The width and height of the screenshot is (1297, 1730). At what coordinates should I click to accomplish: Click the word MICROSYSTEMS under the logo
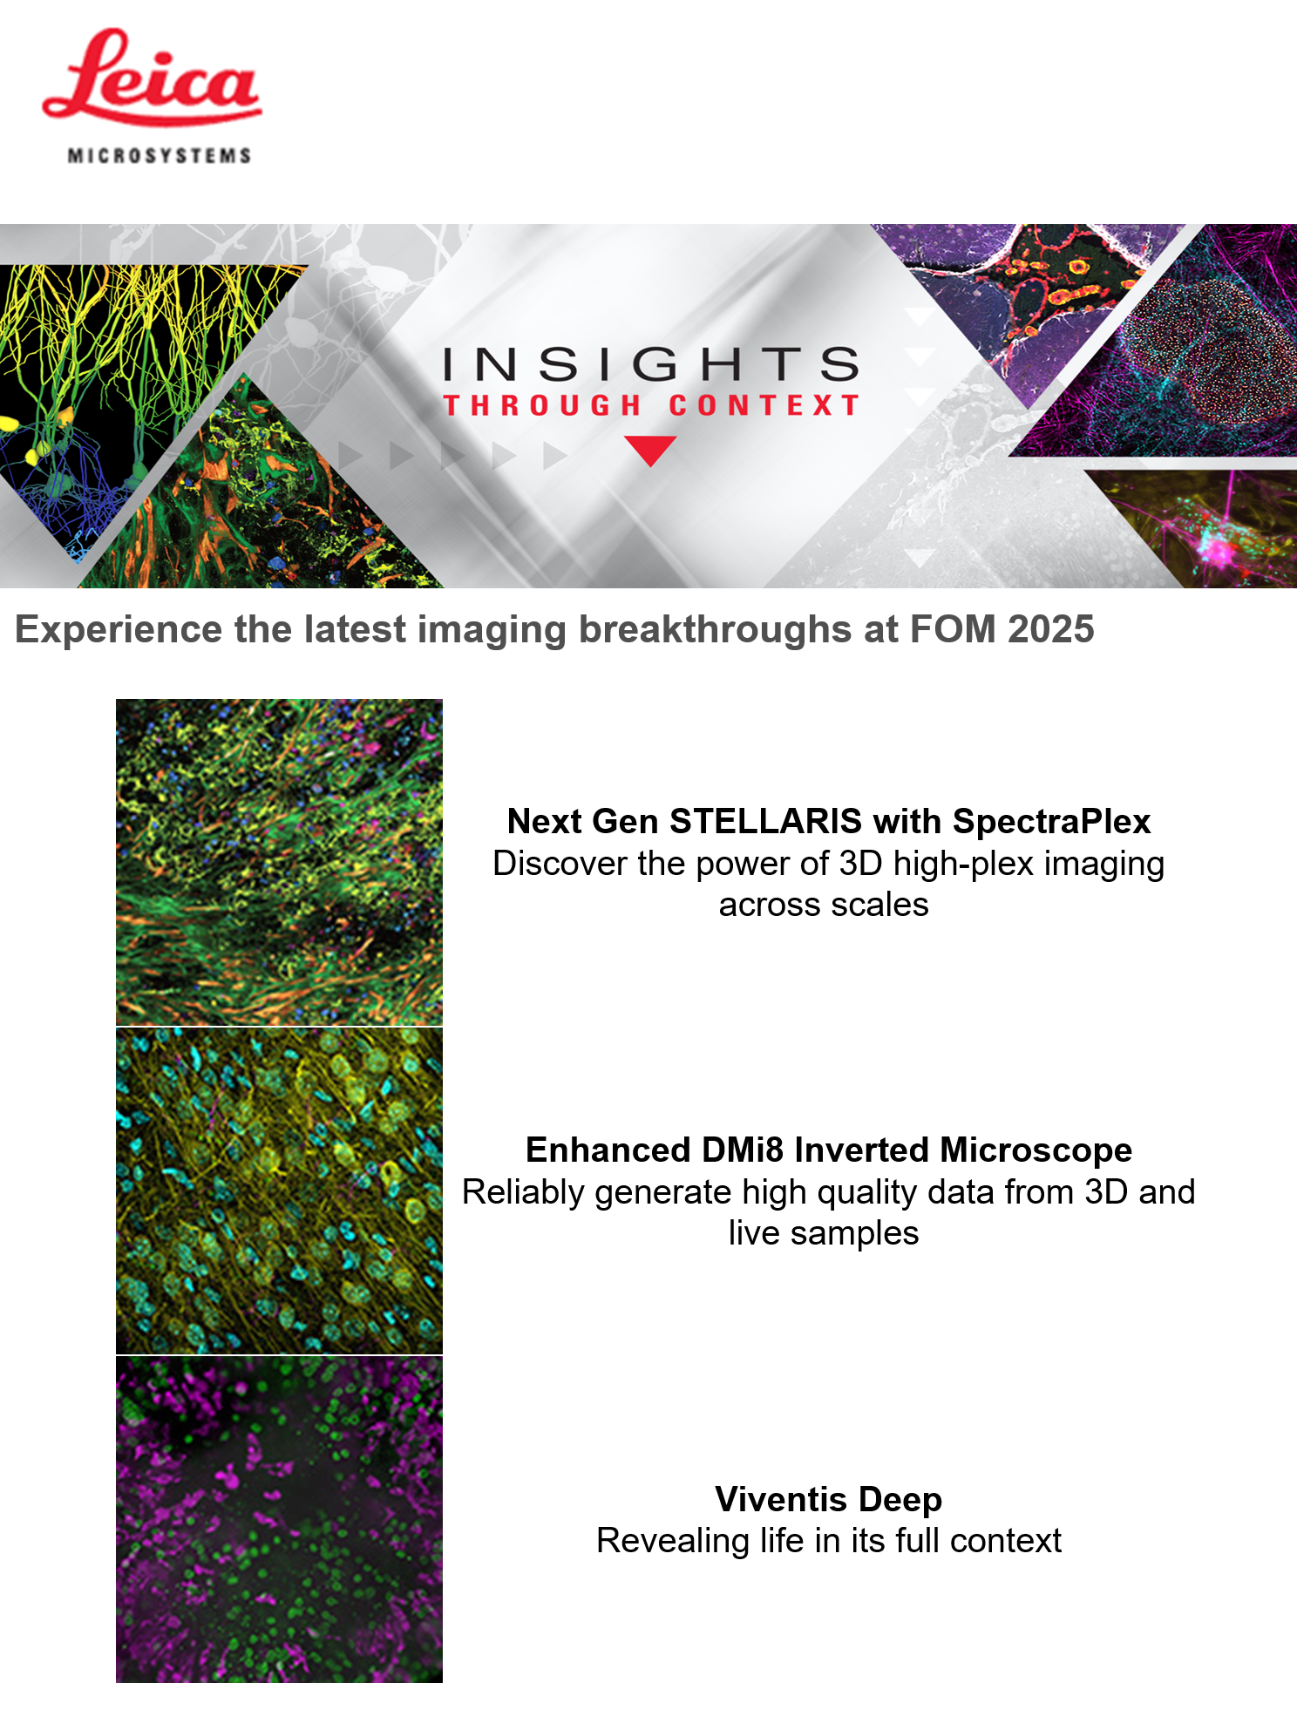[x=160, y=156]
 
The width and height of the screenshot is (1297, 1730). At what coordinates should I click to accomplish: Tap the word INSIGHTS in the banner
[x=651, y=364]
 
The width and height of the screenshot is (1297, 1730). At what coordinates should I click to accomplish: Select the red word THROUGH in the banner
[x=542, y=405]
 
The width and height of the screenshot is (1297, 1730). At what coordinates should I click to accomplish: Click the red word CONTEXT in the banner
[x=764, y=405]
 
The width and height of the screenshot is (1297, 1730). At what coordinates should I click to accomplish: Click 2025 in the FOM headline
[x=1050, y=629]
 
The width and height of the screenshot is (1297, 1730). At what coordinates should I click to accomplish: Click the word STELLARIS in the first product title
[x=765, y=821]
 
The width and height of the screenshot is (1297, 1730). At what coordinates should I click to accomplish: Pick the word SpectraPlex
[x=1052, y=822]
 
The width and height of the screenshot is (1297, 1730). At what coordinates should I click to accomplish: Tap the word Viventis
[x=781, y=1499]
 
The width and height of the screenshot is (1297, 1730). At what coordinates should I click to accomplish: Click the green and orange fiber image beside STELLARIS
[x=279, y=862]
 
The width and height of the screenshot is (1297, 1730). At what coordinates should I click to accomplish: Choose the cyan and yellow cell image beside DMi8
[x=279, y=1191]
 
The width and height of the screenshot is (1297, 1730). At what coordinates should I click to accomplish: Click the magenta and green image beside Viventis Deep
[x=279, y=1519]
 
